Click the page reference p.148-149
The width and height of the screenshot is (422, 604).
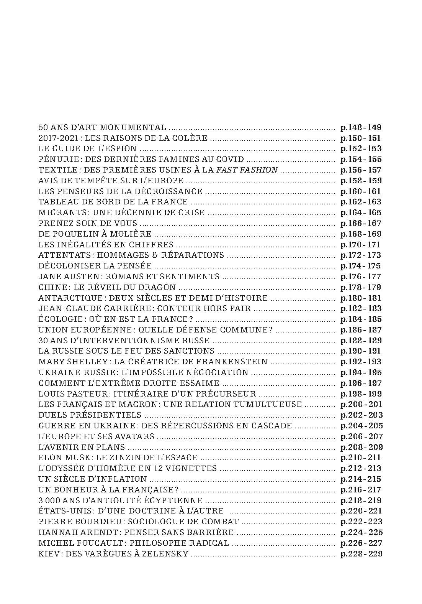tap(361, 127)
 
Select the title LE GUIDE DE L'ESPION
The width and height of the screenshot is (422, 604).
tap(88, 149)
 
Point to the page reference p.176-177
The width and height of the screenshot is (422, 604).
tap(361, 276)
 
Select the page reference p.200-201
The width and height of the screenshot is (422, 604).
tap(361, 404)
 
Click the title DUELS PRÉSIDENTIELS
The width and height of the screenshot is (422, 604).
tap(90, 415)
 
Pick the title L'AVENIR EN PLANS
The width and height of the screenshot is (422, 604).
tap(82, 447)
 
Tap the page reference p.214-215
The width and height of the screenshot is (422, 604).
tap(361, 479)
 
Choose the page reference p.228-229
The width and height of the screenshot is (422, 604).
tap(361, 554)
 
